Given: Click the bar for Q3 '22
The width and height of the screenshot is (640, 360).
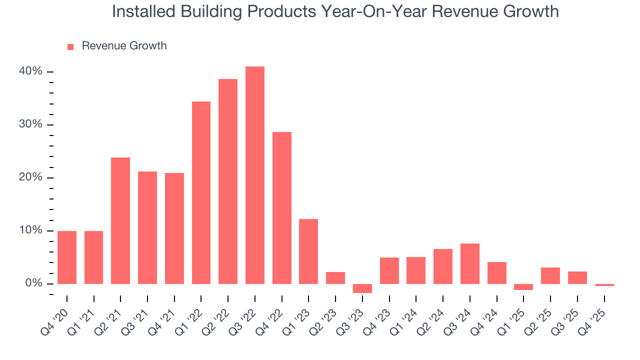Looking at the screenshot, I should click(254, 175).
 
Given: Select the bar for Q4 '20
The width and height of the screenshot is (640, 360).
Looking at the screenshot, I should click(67, 257).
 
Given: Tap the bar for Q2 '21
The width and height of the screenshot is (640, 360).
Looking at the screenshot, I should click(120, 220).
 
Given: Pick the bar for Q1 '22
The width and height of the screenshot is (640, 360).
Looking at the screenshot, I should click(201, 192).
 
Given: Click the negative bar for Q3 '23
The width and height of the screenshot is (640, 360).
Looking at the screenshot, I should click(362, 288).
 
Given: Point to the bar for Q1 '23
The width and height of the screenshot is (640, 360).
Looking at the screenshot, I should click(308, 251).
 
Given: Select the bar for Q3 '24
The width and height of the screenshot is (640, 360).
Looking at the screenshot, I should click(469, 263).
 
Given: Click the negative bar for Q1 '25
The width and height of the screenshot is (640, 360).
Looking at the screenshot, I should click(523, 287).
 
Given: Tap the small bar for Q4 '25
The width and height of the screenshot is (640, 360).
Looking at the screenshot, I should click(604, 285).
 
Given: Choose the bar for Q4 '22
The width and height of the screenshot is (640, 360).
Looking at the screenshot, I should click(281, 207).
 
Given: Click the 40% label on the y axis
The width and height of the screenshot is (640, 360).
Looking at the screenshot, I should click(30, 71).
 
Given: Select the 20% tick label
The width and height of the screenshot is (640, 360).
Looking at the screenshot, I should click(30, 177).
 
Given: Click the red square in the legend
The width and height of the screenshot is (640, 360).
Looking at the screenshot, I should click(70, 46).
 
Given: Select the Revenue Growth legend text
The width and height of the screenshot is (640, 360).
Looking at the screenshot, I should click(124, 46).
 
